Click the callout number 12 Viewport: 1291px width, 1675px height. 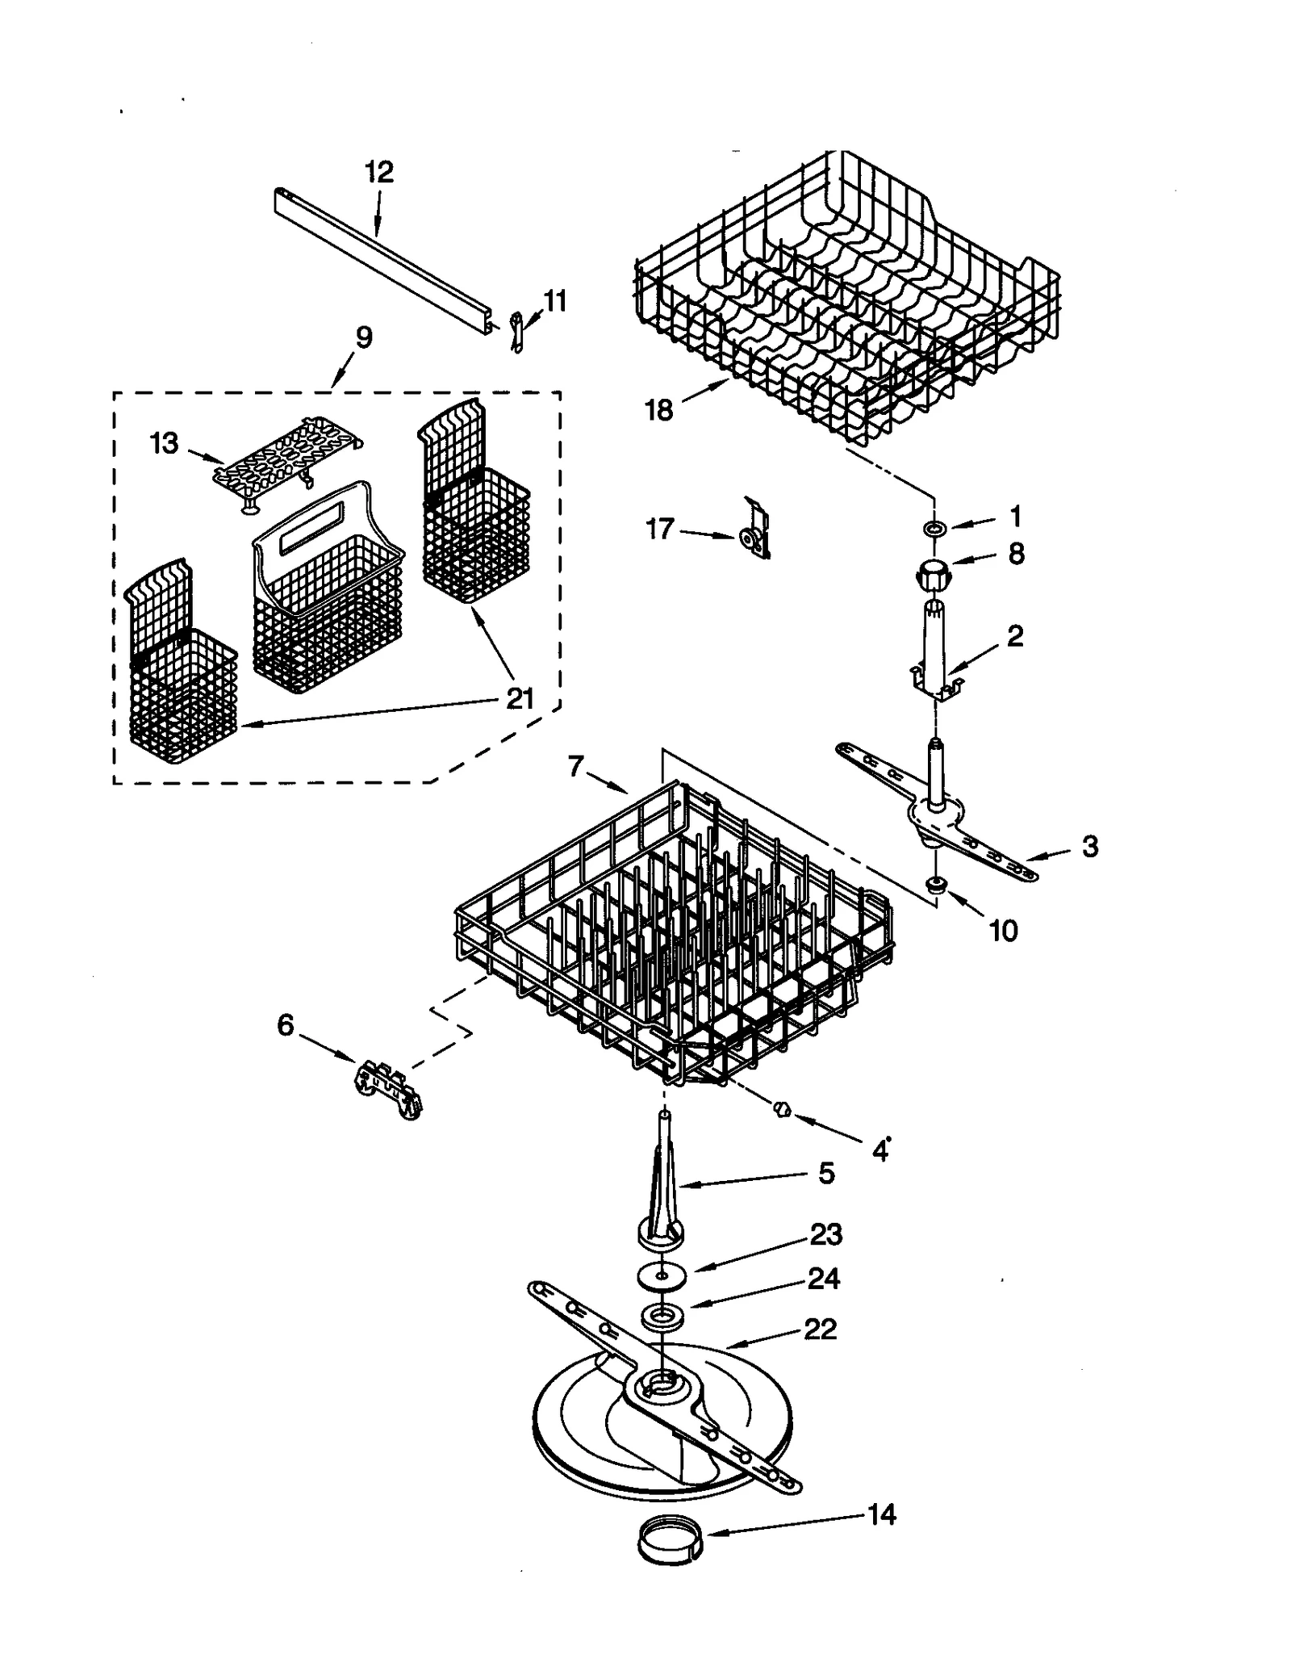click(378, 172)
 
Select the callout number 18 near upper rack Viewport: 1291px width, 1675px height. click(659, 410)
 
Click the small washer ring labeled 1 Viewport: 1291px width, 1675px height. click(935, 529)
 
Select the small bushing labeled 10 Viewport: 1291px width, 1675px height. click(937, 885)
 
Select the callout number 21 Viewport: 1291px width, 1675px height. click(520, 698)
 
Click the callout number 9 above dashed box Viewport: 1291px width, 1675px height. click(364, 337)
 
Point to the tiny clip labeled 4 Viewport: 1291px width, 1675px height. click(781, 1111)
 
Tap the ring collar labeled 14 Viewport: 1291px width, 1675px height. click(669, 1543)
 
